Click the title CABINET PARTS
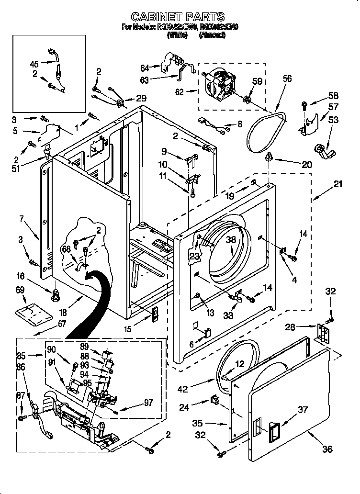[x=178, y=18]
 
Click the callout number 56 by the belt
[x=287, y=79]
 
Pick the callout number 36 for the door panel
[x=327, y=449]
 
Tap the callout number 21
[x=338, y=184]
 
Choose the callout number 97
[x=148, y=403]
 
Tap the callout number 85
[x=21, y=356]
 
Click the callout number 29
[x=141, y=98]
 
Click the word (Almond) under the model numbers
[x=212, y=35]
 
